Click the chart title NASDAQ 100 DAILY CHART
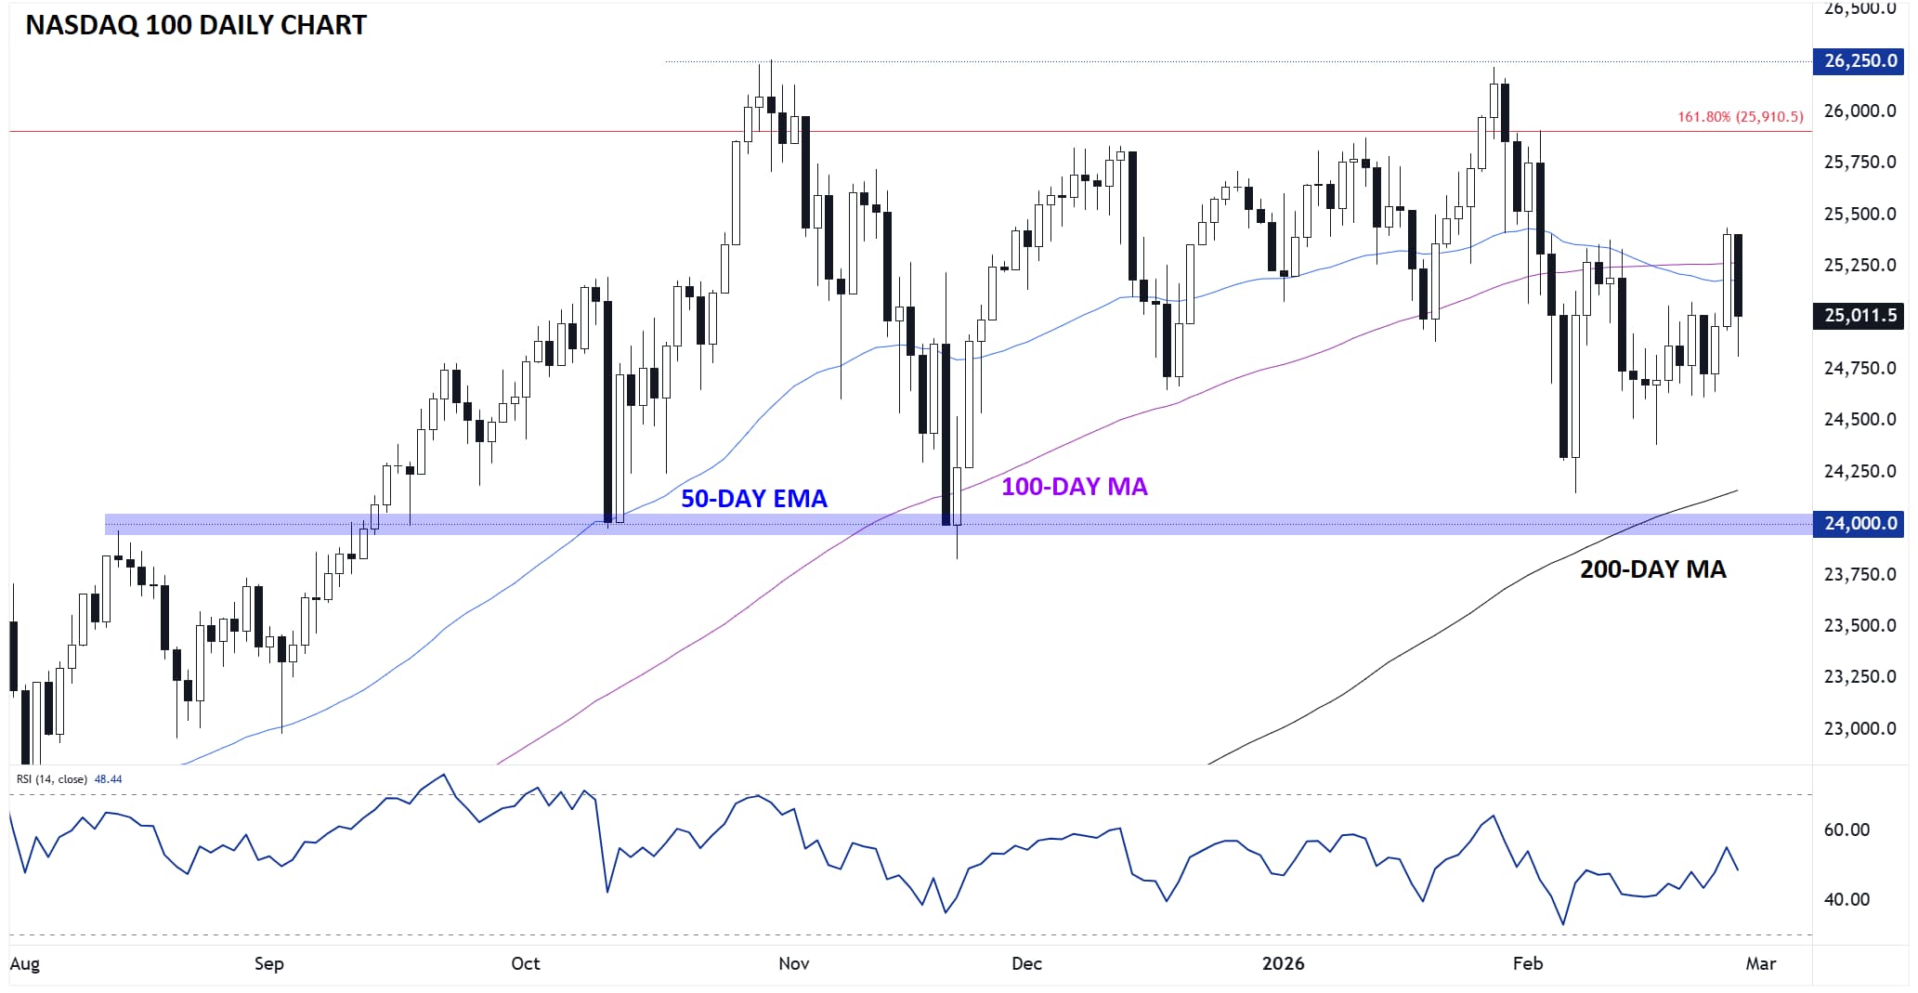196,25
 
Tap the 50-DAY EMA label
753,499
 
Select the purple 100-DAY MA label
1074,487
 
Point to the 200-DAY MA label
1652,569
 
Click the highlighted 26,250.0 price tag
1859,61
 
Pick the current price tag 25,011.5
1859,316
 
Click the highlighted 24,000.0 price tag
1859,524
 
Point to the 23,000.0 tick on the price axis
1859,729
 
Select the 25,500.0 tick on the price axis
1859,214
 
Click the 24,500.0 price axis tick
1859,420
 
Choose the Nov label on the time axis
793,963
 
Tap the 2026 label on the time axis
1283,963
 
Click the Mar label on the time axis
1760,963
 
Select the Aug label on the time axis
25,963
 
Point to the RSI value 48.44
109,779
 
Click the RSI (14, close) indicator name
52,779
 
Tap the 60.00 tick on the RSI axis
1846,830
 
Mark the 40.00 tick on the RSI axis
1846,899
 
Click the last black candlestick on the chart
1738,276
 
